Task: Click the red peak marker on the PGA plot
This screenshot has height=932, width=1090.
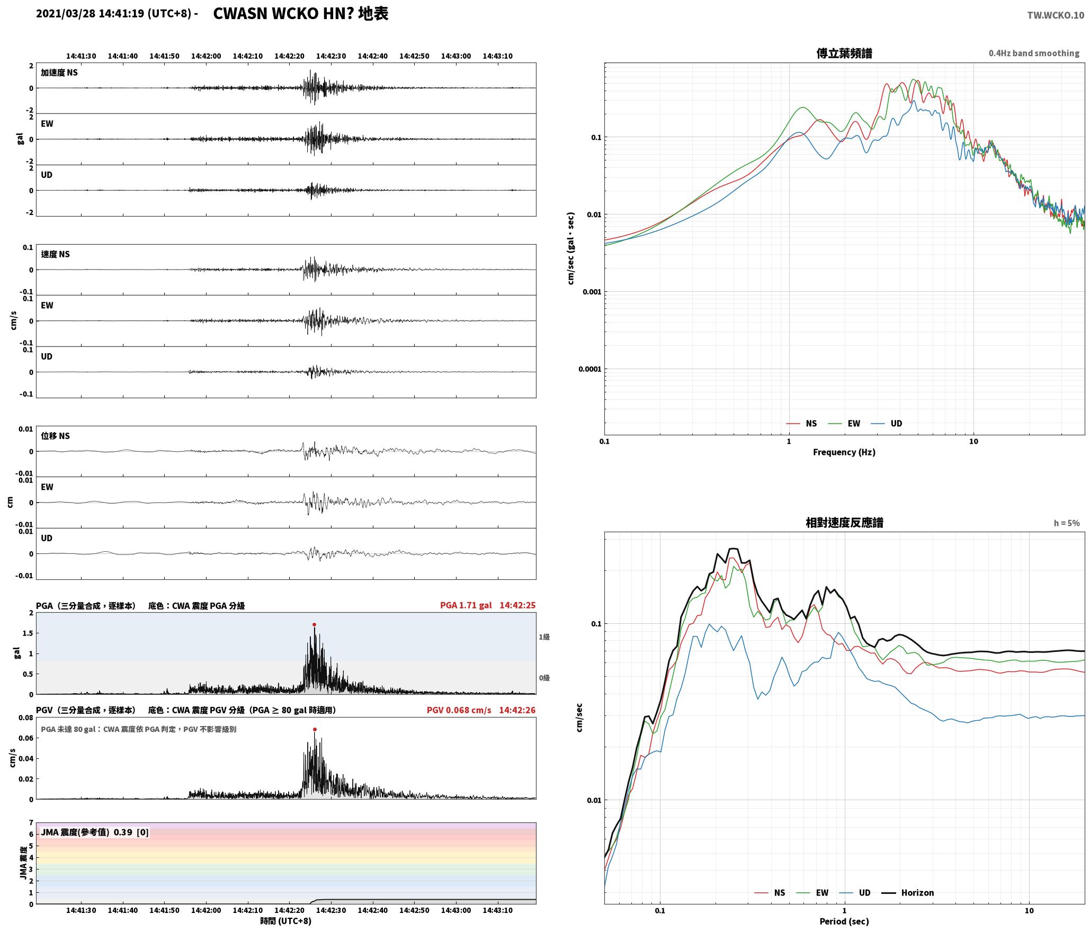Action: tap(314, 624)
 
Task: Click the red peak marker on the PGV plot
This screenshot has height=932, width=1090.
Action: tap(315, 729)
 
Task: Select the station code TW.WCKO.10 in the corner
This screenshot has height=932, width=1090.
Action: tap(1056, 15)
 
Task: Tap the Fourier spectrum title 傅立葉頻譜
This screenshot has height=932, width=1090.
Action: tap(844, 53)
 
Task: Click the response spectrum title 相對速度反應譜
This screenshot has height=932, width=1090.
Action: tap(844, 523)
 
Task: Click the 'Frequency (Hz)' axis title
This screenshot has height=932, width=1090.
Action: tap(844, 452)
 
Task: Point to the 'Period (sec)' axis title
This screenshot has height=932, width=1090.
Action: tap(844, 921)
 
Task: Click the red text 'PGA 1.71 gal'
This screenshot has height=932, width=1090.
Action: tap(466, 605)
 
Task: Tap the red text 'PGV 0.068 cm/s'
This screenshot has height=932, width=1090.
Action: tap(459, 710)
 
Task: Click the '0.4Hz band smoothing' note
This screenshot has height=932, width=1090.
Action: tap(1034, 53)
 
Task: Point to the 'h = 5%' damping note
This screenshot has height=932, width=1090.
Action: tap(1067, 523)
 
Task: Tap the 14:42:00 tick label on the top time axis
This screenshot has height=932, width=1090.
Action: tap(206, 56)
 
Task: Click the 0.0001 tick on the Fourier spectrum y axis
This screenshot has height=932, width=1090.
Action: tap(590, 369)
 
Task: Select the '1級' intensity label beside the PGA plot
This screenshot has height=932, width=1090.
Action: tap(544, 637)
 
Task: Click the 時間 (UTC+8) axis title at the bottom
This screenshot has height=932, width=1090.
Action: tap(286, 921)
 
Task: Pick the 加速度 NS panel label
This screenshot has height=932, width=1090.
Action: tap(59, 73)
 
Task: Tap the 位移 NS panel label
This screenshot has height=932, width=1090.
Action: tap(56, 436)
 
